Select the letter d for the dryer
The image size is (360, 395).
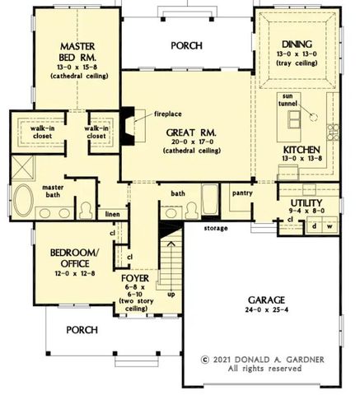[x=314, y=225]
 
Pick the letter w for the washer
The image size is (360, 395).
[x=329, y=225]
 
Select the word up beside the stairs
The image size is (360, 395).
[x=171, y=293]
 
